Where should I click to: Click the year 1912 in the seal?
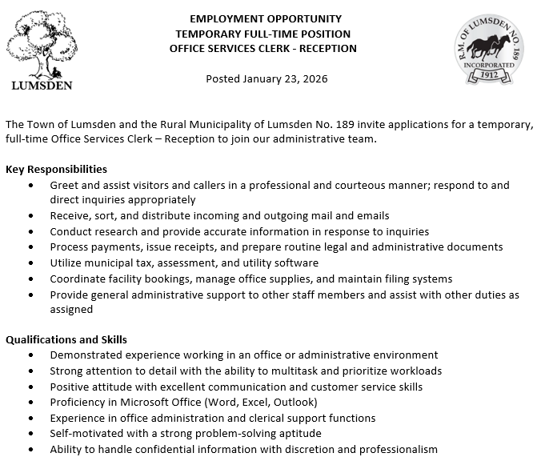click(x=491, y=74)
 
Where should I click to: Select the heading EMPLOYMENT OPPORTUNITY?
click(x=266, y=18)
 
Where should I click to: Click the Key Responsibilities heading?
click(x=56, y=169)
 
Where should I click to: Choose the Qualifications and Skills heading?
click(x=66, y=339)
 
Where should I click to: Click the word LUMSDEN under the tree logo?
click(x=42, y=86)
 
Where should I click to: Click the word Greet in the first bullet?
click(x=64, y=185)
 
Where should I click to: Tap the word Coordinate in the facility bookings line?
click(x=78, y=279)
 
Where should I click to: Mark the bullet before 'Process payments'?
click(x=30, y=247)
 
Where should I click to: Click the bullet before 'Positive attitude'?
click(x=30, y=387)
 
